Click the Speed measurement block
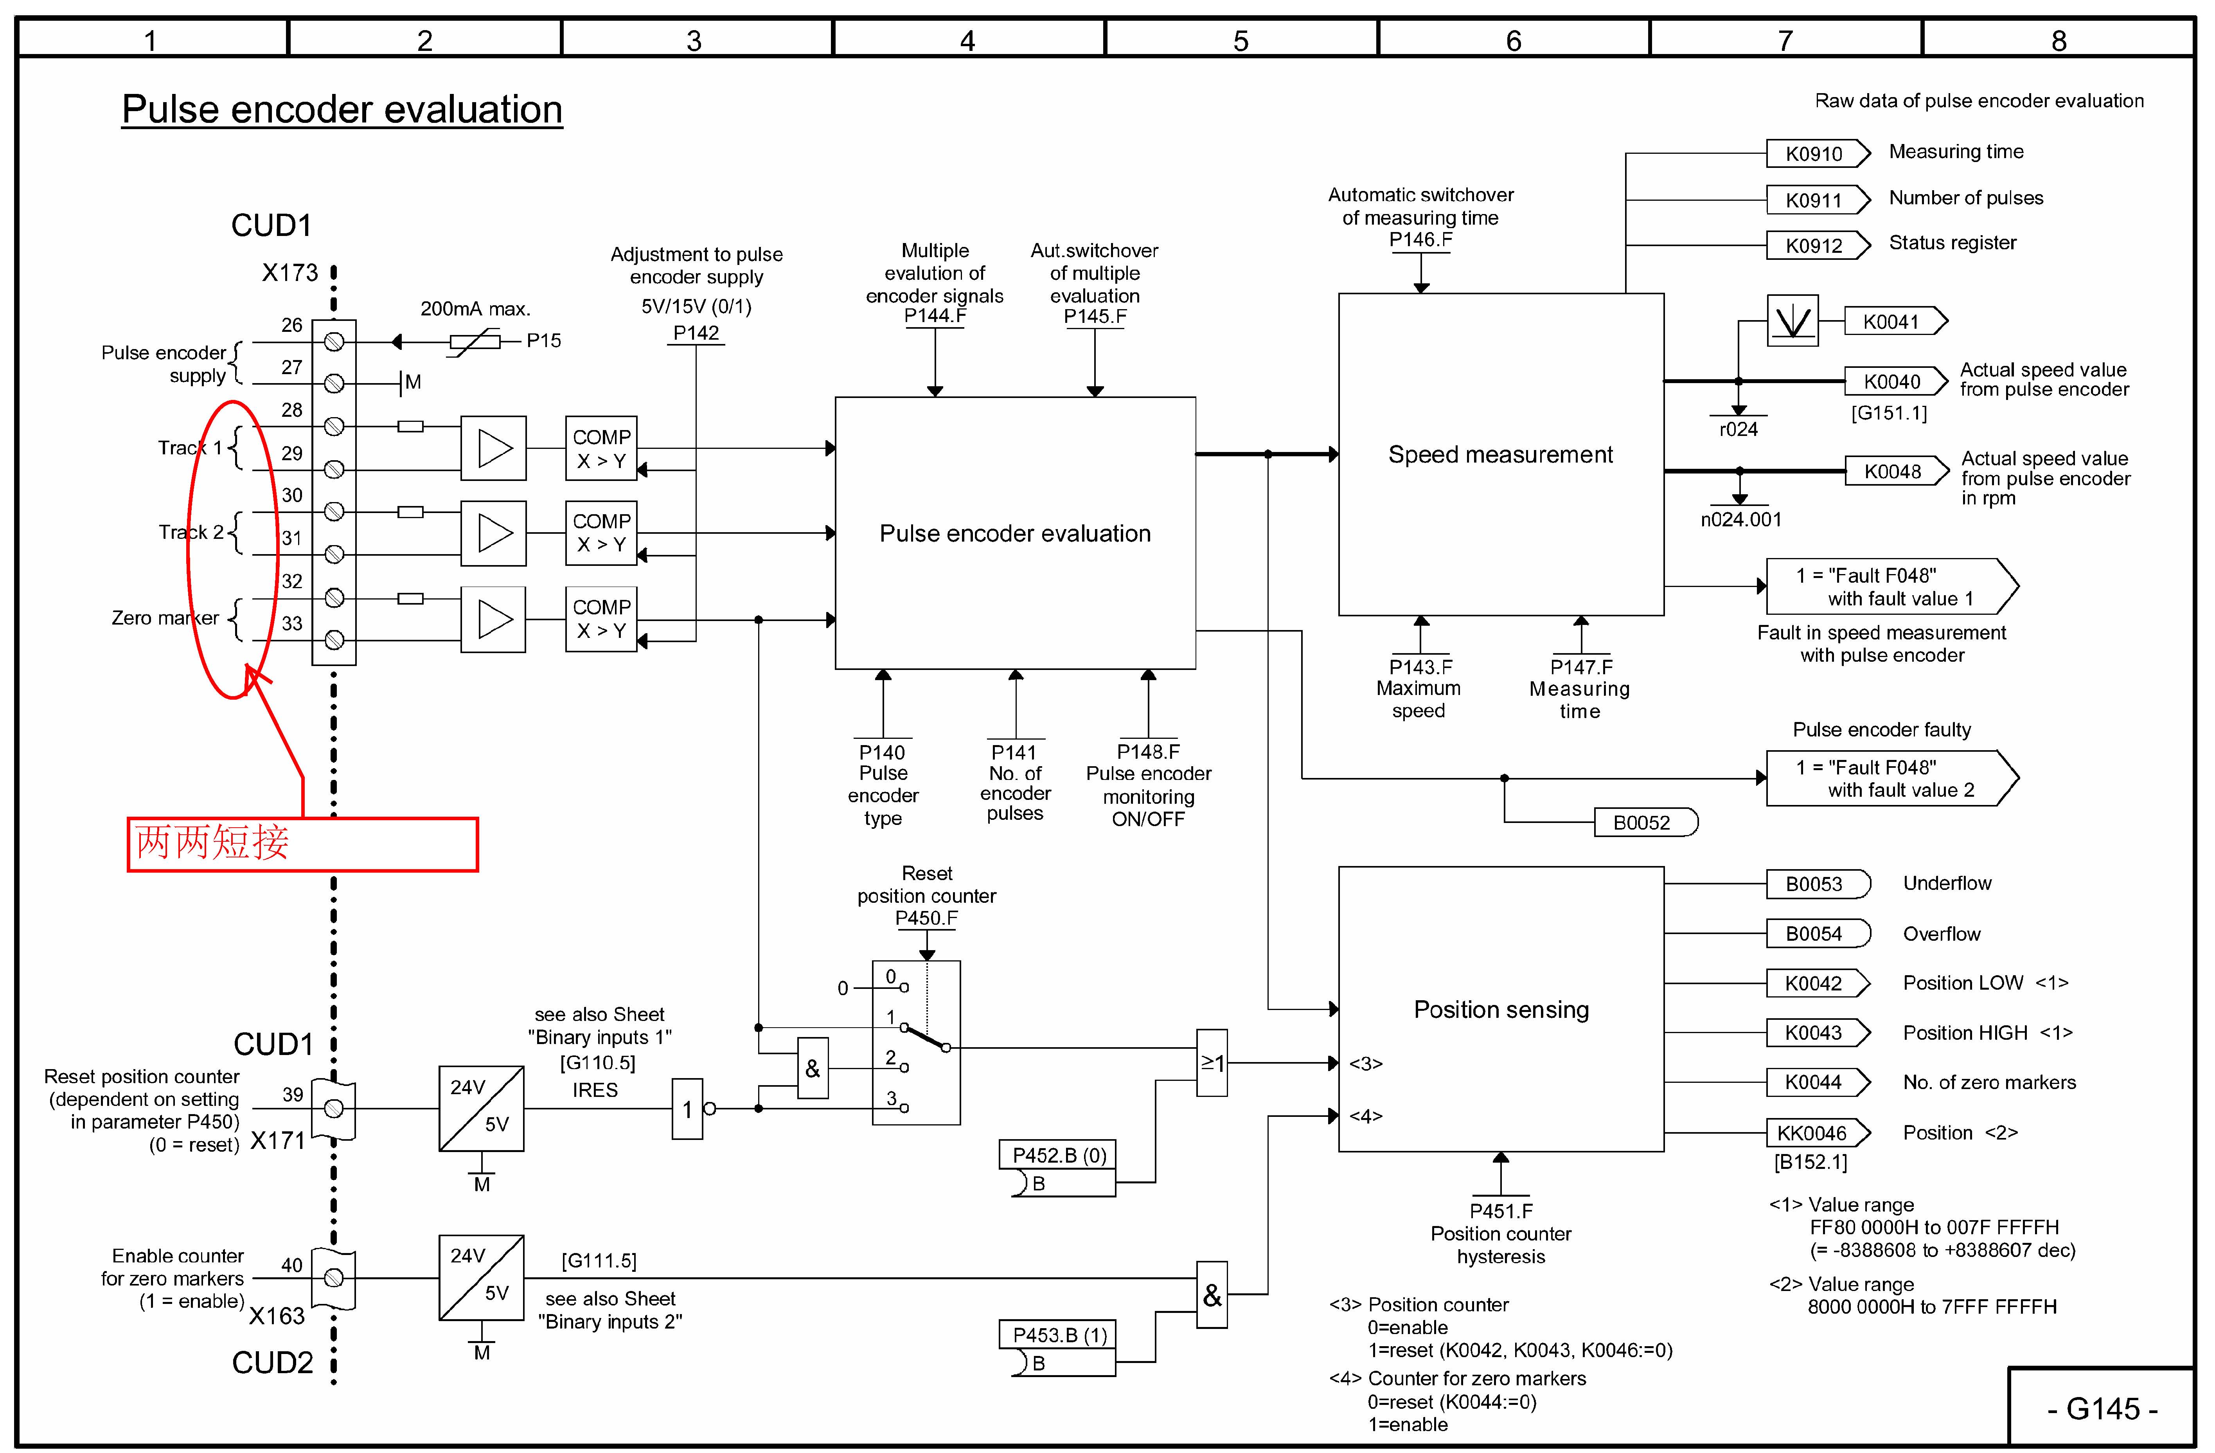[1500, 454]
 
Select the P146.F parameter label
[1420, 239]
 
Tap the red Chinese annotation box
[302, 843]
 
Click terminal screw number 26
[334, 342]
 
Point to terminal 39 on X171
[334, 1108]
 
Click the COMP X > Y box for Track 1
[601, 448]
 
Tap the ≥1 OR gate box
[1212, 1062]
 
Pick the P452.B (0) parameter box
[1058, 1155]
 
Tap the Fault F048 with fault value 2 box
[1889, 778]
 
